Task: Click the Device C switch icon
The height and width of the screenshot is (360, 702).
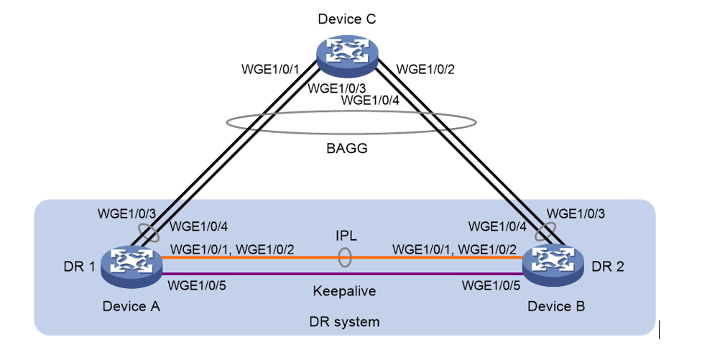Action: (348, 55)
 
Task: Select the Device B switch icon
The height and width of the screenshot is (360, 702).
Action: (552, 264)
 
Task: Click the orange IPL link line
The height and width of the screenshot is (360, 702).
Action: (273, 257)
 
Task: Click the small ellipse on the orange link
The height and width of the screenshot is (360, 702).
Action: (346, 257)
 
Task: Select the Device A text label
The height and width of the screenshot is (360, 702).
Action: (131, 306)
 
